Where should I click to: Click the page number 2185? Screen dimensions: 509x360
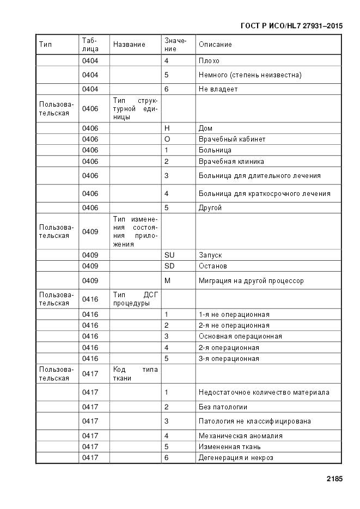pyautogui.click(x=334, y=480)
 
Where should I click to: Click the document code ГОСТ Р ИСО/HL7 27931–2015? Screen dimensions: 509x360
pyautogui.click(x=291, y=26)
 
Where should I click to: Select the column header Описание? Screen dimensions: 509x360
pyautogui.click(x=215, y=45)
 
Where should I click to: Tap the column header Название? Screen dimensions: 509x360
pyautogui.click(x=129, y=45)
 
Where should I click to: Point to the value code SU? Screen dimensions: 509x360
pyautogui.click(x=170, y=255)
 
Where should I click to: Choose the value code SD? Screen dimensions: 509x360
pyautogui.click(x=170, y=266)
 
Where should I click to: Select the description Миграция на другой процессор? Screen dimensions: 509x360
pyautogui.click(x=251, y=281)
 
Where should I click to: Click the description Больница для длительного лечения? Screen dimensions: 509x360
pyautogui.click(x=259, y=176)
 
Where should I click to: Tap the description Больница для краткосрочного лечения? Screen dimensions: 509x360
pyautogui.click(x=264, y=194)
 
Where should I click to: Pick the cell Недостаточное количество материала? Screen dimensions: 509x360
pyautogui.click(x=264, y=393)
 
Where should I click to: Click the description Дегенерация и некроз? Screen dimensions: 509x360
pyautogui.click(x=236, y=458)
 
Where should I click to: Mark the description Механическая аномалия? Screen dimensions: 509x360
pyautogui.click(x=240, y=436)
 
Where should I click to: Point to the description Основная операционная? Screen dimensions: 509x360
pyautogui.click(x=240, y=336)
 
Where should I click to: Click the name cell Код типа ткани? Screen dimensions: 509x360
pyautogui.click(x=135, y=373)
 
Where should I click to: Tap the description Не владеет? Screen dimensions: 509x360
pyautogui.click(x=218, y=89)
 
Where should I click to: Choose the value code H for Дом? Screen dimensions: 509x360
pyautogui.click(x=167, y=128)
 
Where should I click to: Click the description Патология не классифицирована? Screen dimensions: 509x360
pyautogui.click(x=255, y=421)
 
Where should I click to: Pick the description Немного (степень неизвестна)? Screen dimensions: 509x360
pyautogui.click(x=250, y=75)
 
